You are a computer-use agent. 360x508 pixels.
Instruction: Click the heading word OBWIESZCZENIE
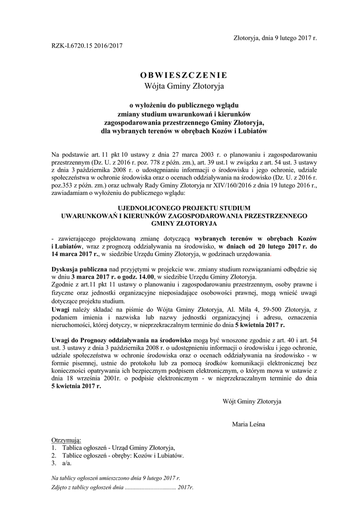point(184,75)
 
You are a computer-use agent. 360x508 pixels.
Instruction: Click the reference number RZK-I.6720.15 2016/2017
point(87,46)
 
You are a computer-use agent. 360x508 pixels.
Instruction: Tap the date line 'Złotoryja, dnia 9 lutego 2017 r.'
point(275,38)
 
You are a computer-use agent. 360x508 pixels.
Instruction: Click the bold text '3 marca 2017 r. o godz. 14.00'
point(113,276)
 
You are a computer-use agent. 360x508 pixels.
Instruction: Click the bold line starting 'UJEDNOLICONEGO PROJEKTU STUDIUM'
point(184,208)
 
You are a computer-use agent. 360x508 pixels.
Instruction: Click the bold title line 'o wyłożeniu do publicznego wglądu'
point(184,105)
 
